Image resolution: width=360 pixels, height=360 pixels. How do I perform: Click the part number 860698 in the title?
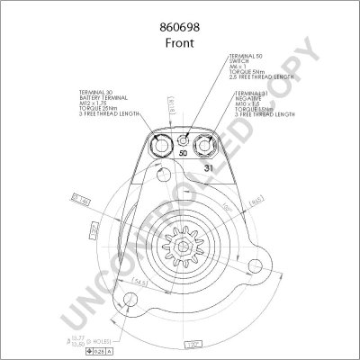pyautogui.click(x=180, y=13)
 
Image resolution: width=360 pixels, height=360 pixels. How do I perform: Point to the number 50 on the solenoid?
pyautogui.click(x=183, y=154)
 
